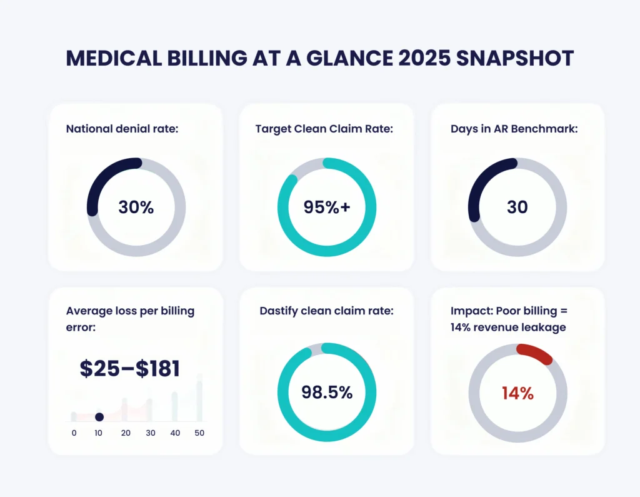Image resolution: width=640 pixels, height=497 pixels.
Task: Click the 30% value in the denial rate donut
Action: pyautogui.click(x=136, y=207)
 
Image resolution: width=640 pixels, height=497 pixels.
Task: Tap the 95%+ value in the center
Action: pyautogui.click(x=326, y=207)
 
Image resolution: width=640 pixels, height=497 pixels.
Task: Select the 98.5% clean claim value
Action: pyautogui.click(x=326, y=393)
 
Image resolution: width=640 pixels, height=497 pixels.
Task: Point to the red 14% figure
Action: pyautogui.click(x=517, y=393)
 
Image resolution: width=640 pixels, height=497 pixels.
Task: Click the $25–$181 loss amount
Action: pyautogui.click(x=130, y=368)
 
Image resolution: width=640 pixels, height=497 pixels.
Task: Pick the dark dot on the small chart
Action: pyautogui.click(x=99, y=417)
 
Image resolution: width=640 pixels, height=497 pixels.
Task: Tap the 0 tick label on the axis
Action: pyautogui.click(x=74, y=433)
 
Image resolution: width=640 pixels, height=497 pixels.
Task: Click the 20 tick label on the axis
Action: pyautogui.click(x=125, y=433)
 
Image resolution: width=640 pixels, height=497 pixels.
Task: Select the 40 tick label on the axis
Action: pyautogui.click(x=175, y=433)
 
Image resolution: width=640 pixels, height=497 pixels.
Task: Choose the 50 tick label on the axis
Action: pyautogui.click(x=199, y=433)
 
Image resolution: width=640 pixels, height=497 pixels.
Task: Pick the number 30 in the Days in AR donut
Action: pyautogui.click(x=517, y=207)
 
